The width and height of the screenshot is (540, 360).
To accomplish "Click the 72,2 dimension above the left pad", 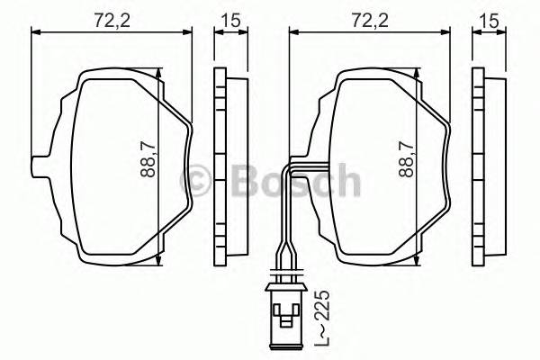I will click(112, 16).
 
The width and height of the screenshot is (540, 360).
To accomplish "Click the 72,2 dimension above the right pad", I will click(368, 16).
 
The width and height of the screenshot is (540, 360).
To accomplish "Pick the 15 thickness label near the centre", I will click(230, 16).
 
